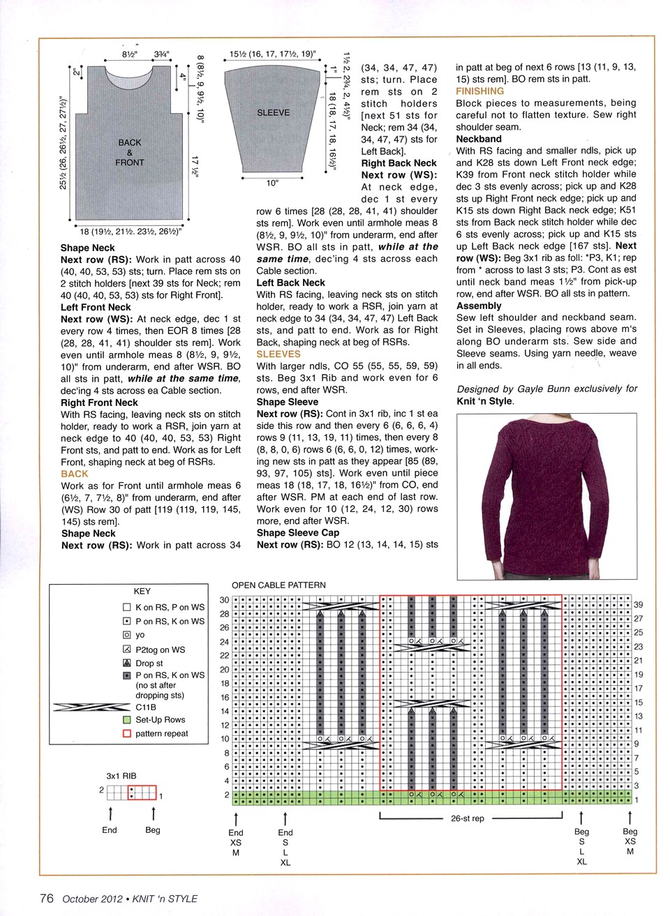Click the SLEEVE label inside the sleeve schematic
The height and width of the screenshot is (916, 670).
pos(273,112)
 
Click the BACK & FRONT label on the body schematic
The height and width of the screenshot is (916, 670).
pos(130,152)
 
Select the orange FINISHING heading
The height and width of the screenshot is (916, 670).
pos(479,91)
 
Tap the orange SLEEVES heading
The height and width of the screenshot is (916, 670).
pos(278,354)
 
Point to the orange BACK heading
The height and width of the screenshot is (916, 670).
pos(75,474)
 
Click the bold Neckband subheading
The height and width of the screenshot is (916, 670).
pos(479,139)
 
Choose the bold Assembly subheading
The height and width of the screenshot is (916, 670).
pos(479,306)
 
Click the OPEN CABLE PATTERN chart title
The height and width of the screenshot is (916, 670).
pos(278,585)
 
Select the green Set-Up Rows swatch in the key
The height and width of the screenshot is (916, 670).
pos(127,719)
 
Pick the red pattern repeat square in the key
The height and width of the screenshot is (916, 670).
pos(127,733)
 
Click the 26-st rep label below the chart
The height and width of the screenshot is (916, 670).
pos(467,818)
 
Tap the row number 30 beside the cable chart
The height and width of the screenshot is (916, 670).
pos(224,600)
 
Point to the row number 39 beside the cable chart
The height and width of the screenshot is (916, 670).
pos(639,605)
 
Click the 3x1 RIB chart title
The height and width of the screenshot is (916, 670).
pos(121,776)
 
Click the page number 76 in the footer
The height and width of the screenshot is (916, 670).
pos(47,899)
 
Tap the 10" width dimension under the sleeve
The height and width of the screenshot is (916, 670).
pos(272,183)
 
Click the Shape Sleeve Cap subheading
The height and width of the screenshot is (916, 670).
pos(298,533)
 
